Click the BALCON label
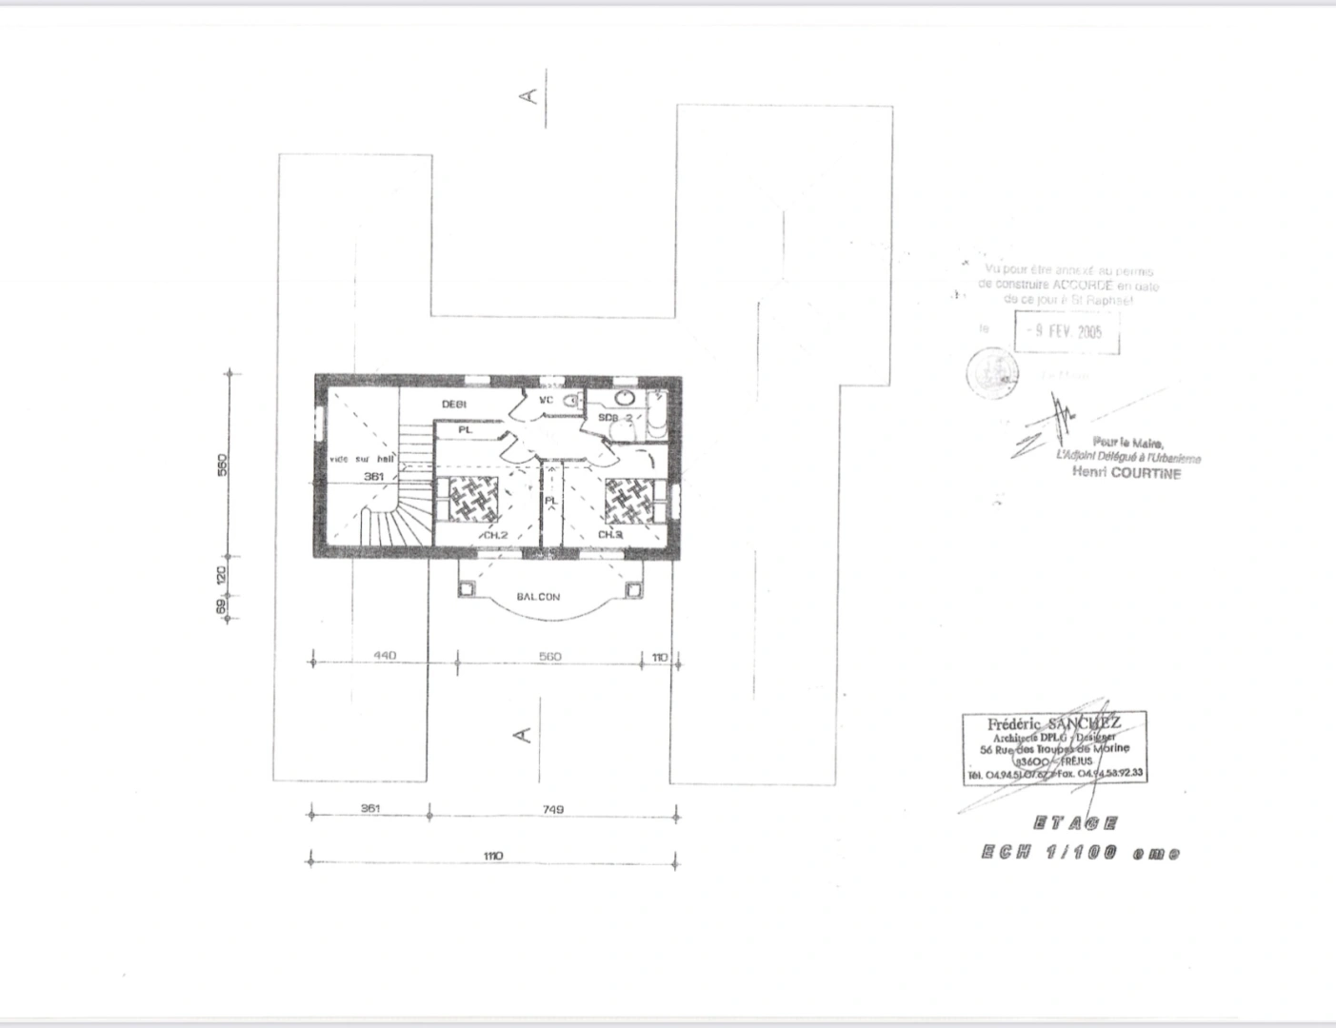click(538, 597)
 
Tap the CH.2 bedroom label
click(494, 536)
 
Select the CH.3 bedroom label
click(610, 535)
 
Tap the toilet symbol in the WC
click(571, 402)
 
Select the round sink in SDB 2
click(626, 397)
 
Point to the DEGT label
click(454, 405)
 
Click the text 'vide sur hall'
click(362, 460)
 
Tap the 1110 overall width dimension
click(492, 856)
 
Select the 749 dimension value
click(552, 809)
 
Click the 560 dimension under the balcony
click(549, 656)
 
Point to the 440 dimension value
click(385, 656)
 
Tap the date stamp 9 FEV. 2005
click(1067, 332)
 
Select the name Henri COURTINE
click(1127, 473)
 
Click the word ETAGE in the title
click(1075, 823)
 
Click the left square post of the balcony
click(467, 590)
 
